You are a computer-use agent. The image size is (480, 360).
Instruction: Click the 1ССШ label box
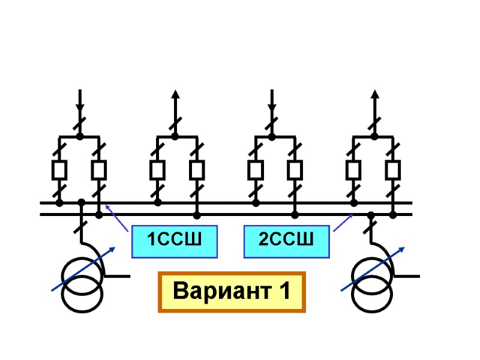click(x=174, y=242)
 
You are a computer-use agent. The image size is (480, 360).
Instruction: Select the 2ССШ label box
click(x=287, y=242)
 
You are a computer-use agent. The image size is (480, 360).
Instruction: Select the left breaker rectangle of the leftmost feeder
click(x=59, y=170)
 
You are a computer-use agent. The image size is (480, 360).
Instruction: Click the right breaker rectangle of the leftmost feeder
click(x=99, y=170)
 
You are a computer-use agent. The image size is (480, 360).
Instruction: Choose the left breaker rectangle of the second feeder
click(x=157, y=170)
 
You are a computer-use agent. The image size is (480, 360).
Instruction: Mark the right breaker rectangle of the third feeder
click(x=295, y=170)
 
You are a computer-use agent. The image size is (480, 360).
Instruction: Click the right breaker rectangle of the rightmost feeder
click(x=393, y=170)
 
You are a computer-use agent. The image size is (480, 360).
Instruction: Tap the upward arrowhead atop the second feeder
click(x=175, y=95)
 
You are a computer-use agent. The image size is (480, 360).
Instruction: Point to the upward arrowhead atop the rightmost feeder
click(x=374, y=95)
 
